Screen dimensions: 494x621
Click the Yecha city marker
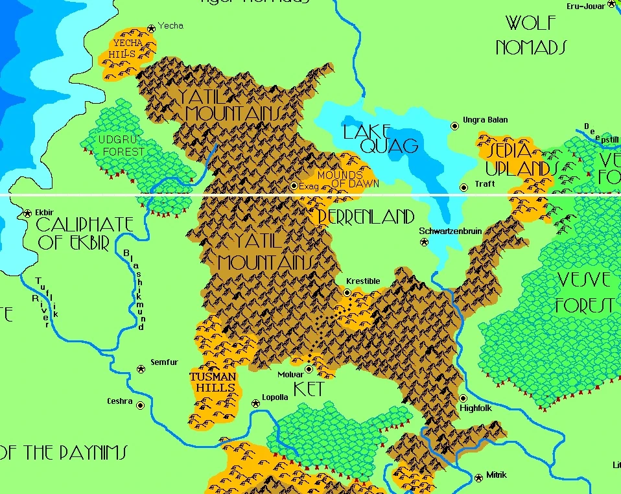[151, 28]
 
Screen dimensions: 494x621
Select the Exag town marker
[294, 186]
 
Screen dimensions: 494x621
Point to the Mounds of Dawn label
[347, 180]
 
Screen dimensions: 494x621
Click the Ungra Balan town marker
[454, 126]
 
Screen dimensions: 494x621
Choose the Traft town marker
[463, 188]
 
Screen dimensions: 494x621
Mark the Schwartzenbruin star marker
[424, 242]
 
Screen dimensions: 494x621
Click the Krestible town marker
[347, 293]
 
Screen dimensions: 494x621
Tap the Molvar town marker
[309, 369]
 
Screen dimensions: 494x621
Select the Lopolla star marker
[255, 403]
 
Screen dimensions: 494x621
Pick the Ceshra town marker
[140, 405]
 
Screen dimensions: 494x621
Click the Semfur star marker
[141, 369]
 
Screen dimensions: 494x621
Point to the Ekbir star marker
[28, 213]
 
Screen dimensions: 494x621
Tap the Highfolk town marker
[463, 398]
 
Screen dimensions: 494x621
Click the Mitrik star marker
[478, 477]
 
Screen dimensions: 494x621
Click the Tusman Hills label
[212, 382]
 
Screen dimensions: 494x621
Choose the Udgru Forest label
[121, 146]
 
